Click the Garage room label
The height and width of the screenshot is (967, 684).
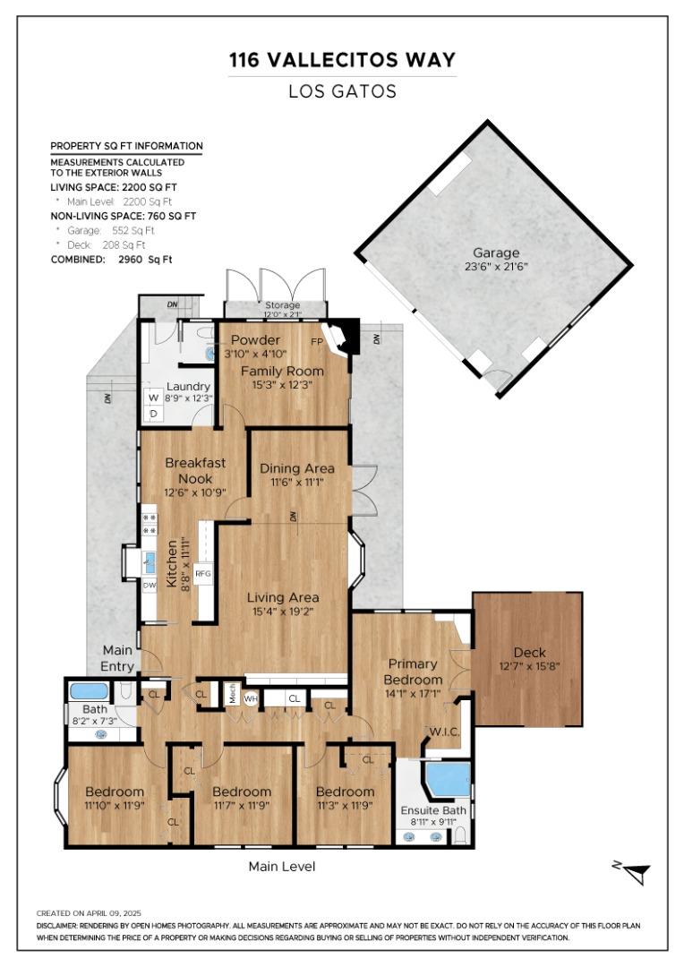coord(496,252)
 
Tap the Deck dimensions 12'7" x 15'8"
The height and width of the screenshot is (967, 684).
coord(529,666)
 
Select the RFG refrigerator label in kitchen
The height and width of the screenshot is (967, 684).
coord(203,574)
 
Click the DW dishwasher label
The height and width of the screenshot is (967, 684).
coord(150,586)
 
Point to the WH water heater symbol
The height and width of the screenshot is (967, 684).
coord(251,698)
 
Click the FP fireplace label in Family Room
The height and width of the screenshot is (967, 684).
coord(317,342)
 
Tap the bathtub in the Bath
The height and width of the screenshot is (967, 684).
coord(89,690)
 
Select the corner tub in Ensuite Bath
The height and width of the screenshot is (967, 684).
coord(449,779)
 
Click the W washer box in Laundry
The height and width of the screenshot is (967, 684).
coord(154,398)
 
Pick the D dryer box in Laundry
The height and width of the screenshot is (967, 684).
coord(154,414)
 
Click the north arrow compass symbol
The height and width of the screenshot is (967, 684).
coord(633,872)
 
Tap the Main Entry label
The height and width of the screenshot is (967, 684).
coord(117,658)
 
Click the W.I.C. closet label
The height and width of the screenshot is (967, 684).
coord(444,732)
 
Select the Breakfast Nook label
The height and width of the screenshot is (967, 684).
coord(195,471)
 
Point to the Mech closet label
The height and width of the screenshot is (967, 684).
coord(231,693)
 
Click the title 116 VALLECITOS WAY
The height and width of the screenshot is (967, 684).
coord(342,60)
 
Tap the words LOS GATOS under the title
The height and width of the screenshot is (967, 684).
coord(342,92)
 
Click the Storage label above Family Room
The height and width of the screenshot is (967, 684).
coord(283,304)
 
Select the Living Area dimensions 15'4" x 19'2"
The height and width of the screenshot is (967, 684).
coord(283,612)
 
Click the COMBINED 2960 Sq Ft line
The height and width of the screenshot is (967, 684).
coord(111,260)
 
